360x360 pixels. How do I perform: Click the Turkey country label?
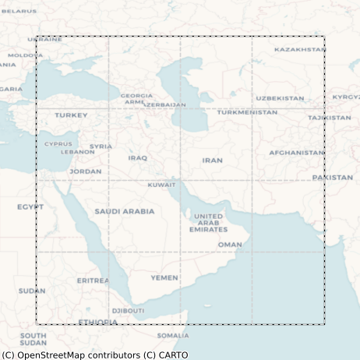(x=71, y=115)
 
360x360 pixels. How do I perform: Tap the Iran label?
(x=212, y=161)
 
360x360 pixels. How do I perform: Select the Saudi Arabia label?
(x=125, y=211)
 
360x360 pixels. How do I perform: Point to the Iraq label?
(x=137, y=158)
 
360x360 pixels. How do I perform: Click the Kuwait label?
(x=161, y=185)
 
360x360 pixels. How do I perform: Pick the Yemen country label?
(x=164, y=277)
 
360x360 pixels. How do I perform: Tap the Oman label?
(x=230, y=244)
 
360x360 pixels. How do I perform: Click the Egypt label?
(x=30, y=207)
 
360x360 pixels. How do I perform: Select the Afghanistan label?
(x=297, y=153)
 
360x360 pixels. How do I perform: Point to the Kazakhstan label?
(x=300, y=49)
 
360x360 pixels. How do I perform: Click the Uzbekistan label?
(x=280, y=98)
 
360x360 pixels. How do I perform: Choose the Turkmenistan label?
(x=247, y=112)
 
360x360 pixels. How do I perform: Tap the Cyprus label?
(x=58, y=143)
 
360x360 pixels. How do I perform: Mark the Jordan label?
(x=85, y=171)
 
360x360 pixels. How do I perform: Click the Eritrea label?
(x=93, y=281)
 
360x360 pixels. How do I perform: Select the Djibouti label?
(x=128, y=310)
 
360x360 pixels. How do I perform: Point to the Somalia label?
(x=173, y=336)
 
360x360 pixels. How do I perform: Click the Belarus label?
(x=19, y=11)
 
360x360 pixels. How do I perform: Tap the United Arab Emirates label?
(x=208, y=223)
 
